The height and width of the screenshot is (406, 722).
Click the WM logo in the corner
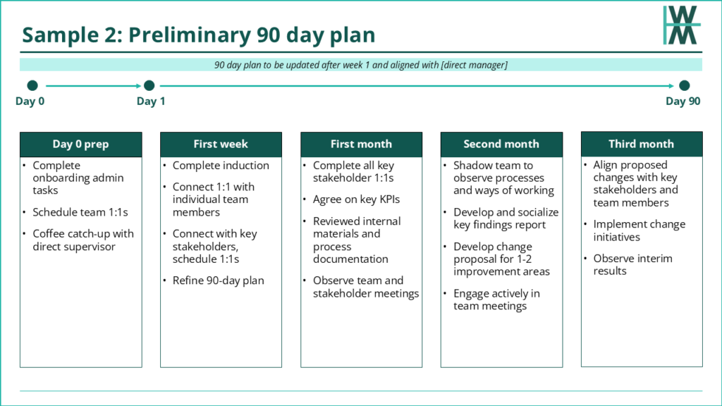[682, 25]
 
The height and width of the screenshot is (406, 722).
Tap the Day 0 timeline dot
[32, 85]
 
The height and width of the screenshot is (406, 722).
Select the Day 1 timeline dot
[149, 85]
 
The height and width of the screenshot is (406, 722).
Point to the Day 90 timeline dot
[684, 85]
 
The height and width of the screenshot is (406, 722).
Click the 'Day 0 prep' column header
[81, 144]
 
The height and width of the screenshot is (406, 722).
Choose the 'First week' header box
[221, 144]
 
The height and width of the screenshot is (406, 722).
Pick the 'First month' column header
[362, 144]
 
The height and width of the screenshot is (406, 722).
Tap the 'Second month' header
[501, 144]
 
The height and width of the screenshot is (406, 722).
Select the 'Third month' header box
[642, 144]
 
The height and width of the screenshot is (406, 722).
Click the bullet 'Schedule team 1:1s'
[80, 212]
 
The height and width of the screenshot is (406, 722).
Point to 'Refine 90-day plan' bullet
[219, 281]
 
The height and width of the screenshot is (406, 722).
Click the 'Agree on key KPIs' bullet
[356, 199]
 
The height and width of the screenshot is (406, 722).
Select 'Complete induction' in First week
[221, 166]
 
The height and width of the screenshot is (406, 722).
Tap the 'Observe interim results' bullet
[632, 265]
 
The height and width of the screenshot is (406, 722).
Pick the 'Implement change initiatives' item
[639, 230]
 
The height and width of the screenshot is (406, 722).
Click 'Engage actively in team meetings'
[496, 300]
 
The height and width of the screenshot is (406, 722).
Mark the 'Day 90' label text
[683, 101]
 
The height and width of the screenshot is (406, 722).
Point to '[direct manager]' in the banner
[475, 65]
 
